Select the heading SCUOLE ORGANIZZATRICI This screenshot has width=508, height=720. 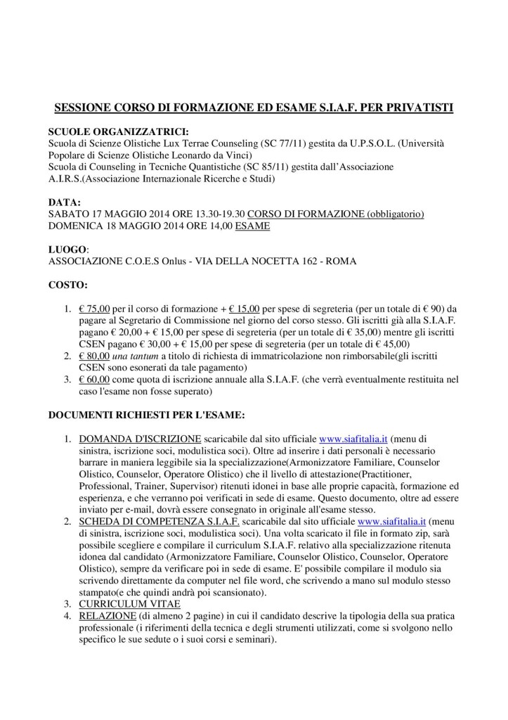tap(119, 131)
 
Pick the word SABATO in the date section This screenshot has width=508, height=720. tap(68, 214)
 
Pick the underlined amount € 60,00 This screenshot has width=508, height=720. tap(93, 380)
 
